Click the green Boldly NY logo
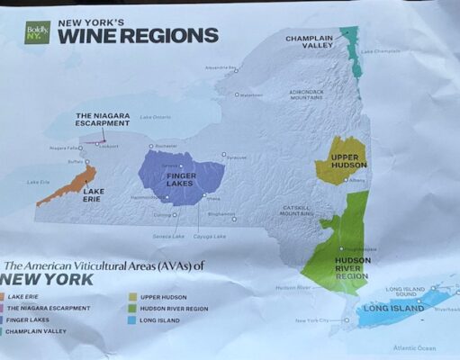coord(38,34)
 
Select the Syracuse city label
coord(237,157)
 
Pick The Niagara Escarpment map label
coord(97,121)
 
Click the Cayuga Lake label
coord(208,236)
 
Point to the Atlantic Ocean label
coord(414,347)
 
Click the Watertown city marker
coord(238,94)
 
